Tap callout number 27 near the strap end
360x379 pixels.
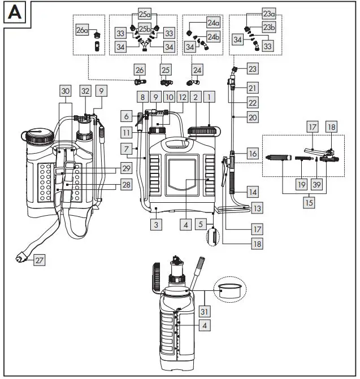point(38,260)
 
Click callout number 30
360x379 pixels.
point(66,90)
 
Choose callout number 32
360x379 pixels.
point(85,90)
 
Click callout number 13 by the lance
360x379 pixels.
point(257,208)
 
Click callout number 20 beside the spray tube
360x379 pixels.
point(252,117)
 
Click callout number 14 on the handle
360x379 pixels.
point(252,192)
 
